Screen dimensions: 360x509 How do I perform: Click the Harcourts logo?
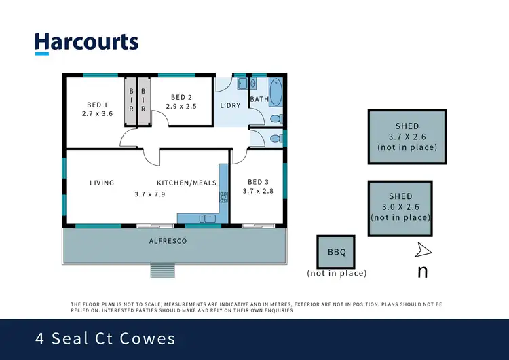pos(86,42)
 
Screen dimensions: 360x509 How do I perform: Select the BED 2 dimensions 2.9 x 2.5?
pos(182,106)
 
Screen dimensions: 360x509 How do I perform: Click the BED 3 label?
pos(257,182)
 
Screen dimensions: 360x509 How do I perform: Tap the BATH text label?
pos(259,99)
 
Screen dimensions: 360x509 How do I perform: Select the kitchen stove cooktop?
pos(223,198)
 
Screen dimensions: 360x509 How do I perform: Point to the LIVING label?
pos(102,183)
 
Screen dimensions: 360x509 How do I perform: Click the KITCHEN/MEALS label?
pos(187,183)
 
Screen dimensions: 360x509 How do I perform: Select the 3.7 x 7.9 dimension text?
pos(150,194)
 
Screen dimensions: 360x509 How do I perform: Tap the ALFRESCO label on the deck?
pos(168,241)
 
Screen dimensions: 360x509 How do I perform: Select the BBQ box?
pos(337,252)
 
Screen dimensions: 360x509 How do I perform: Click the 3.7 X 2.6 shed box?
pos(407,137)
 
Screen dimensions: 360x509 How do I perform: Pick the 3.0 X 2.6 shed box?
pos(400,207)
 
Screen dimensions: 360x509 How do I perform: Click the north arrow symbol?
pos(423,251)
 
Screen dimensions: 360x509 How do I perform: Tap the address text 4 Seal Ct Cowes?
pos(105,338)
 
